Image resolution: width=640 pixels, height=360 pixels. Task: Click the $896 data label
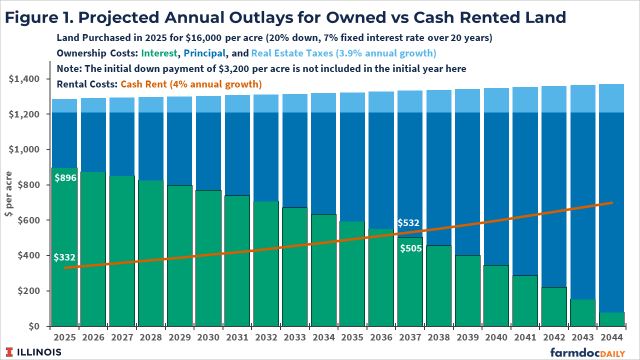tap(65, 177)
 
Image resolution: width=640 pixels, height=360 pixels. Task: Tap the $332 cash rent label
tap(64, 257)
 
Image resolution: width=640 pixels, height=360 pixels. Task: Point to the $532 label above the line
tap(408, 222)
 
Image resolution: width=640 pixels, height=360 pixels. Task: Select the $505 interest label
tap(410, 247)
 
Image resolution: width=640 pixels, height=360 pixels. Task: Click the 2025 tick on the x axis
tap(64, 337)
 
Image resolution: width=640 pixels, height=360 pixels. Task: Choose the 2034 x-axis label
tap(324, 337)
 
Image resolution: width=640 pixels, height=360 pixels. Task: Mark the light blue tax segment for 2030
tap(208, 104)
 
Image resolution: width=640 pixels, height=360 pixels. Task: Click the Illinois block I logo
tap(10, 352)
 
